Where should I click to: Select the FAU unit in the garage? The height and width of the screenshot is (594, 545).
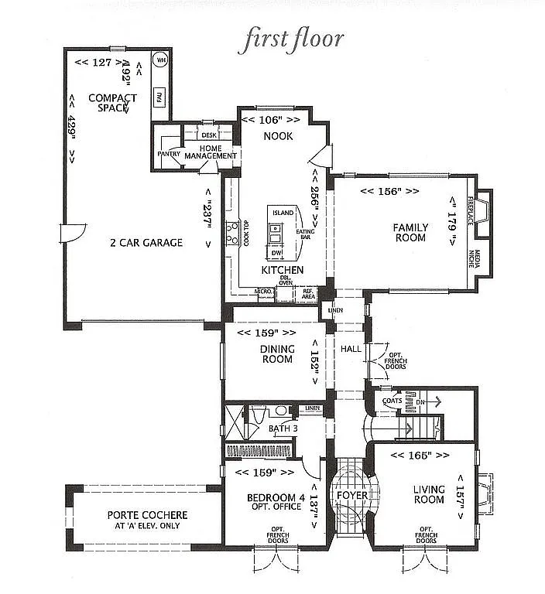point(160,96)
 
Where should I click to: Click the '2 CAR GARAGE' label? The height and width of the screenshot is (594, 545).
point(146,242)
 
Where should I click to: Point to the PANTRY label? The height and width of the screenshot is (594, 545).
point(169,154)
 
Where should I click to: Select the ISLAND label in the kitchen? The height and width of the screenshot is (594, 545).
point(283,213)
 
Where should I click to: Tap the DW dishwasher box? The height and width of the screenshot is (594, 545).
point(276,253)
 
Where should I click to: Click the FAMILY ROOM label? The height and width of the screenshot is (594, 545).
point(410,232)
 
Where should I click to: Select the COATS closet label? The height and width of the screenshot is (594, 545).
point(392,401)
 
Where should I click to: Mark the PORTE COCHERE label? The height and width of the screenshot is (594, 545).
point(147,515)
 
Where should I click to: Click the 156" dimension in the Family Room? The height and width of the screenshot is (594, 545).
point(389,190)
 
